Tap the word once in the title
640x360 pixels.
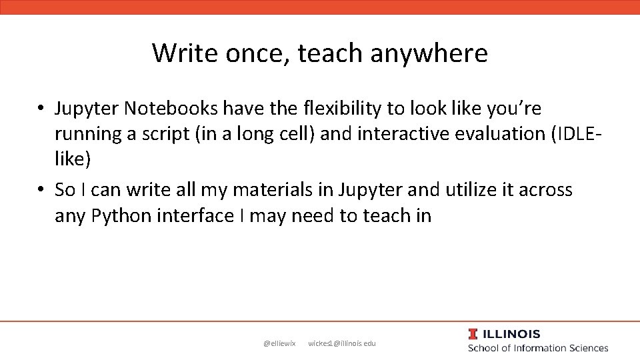[x=254, y=53]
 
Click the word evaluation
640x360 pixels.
[x=500, y=133]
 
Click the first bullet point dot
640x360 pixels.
[x=41, y=108]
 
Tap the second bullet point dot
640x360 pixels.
[x=41, y=191]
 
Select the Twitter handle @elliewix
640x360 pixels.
[x=279, y=343]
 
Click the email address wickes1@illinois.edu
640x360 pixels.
[x=342, y=343]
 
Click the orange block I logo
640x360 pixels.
[x=473, y=334]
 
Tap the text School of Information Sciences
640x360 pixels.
[x=538, y=348]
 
